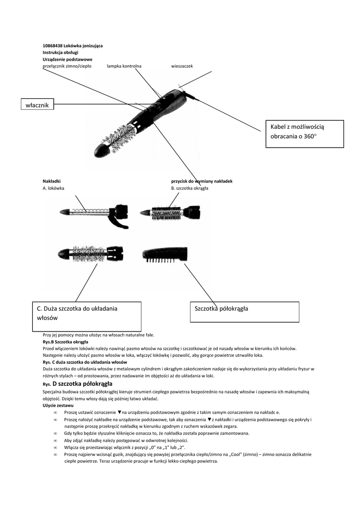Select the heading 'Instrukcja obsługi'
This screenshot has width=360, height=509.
(61, 52)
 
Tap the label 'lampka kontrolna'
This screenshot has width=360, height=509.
(124, 66)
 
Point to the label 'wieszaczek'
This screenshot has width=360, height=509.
(181, 66)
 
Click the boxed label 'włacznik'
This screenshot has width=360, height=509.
(37, 104)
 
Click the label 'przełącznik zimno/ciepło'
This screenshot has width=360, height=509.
(67, 66)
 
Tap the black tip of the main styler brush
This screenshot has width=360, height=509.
(102, 150)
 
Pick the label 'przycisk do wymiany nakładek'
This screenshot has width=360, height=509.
(202, 181)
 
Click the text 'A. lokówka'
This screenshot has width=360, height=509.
(53, 188)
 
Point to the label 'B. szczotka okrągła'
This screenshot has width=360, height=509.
(189, 188)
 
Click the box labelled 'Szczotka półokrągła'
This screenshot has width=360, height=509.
(245, 311)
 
